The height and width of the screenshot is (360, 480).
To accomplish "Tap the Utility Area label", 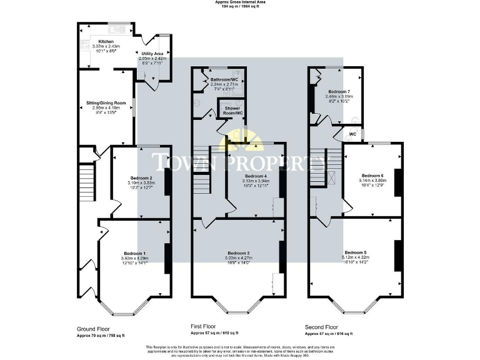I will [x=151, y=54].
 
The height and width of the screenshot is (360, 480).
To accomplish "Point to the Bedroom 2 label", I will [x=141, y=177].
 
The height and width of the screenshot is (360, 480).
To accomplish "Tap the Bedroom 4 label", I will [x=255, y=176].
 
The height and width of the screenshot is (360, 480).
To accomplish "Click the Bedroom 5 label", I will [x=355, y=252].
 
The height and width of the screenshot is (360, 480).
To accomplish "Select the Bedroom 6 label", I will [x=372, y=175].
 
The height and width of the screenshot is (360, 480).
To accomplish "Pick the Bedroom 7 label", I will [x=339, y=91].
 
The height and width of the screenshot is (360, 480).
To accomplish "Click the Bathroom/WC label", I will [x=224, y=80].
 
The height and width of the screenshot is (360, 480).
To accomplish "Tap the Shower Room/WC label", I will [x=234, y=110].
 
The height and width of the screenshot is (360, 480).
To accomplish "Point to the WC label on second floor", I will [x=352, y=134].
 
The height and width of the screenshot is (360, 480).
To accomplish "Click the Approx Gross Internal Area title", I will [x=240, y=3].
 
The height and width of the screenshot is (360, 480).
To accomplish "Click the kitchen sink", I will [x=116, y=28].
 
